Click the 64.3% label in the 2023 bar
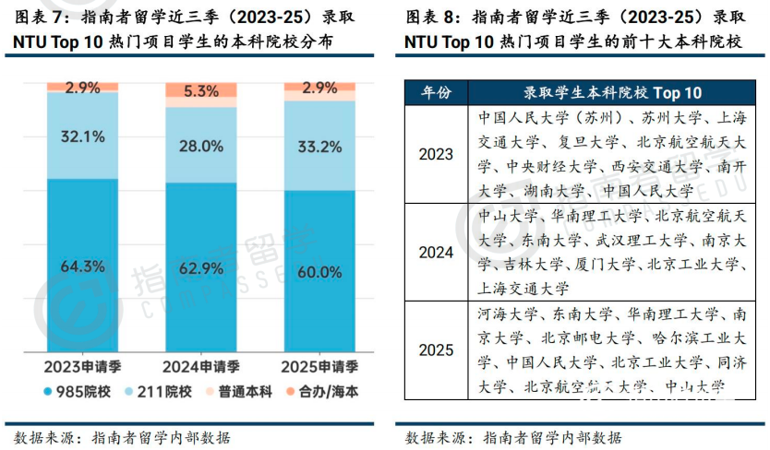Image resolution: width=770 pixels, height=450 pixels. pyautogui.click(x=83, y=266)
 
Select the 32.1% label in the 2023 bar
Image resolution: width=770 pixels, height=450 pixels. pyautogui.click(x=83, y=136)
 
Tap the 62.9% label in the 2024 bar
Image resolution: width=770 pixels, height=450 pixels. pyautogui.click(x=200, y=268)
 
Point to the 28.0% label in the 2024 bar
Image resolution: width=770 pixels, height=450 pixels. pyautogui.click(x=200, y=146)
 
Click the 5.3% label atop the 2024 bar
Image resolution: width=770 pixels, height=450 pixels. pyautogui.click(x=200, y=91)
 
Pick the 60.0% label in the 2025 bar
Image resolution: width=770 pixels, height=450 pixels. pyautogui.click(x=319, y=272)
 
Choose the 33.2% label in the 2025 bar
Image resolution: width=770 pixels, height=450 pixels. pyautogui.click(x=319, y=146)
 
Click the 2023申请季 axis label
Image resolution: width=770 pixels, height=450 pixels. pyautogui.click(x=83, y=365)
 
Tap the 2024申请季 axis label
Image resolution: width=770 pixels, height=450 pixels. pyautogui.click(x=201, y=365)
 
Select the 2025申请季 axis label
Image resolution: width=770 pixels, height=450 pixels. pyautogui.click(x=319, y=365)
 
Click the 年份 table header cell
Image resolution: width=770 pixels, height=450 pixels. pyautogui.click(x=436, y=92)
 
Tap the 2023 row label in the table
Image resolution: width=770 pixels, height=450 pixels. pyautogui.click(x=436, y=154)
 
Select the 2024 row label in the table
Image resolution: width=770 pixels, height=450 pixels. pyautogui.click(x=436, y=252)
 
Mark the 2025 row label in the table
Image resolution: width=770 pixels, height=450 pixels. pyautogui.click(x=436, y=349)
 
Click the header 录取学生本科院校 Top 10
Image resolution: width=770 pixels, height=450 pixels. pyautogui.click(x=613, y=92)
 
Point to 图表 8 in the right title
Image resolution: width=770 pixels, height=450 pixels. pyautogui.click(x=433, y=18)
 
